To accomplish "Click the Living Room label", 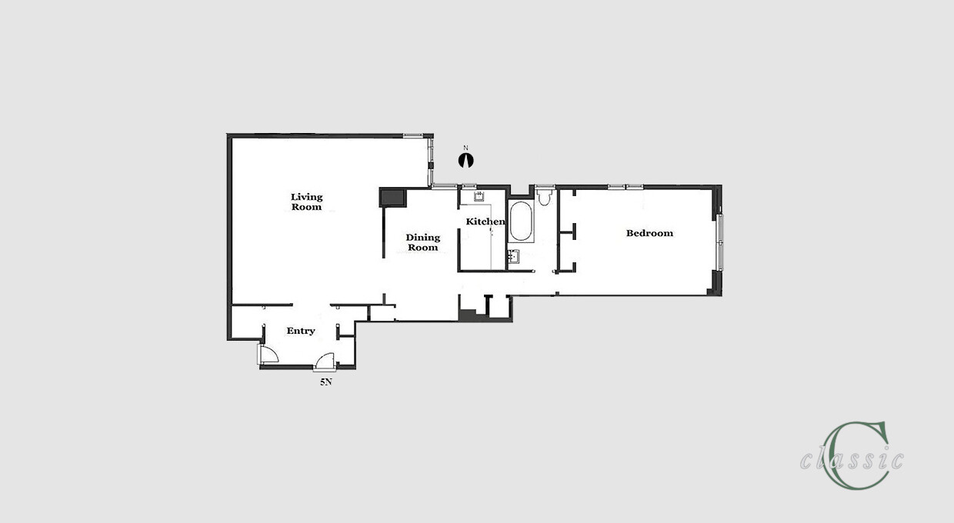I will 306,202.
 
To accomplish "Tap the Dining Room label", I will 422,242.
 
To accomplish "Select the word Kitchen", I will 485,222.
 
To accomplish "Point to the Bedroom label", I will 649,233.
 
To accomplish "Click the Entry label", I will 301,331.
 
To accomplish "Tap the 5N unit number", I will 325,381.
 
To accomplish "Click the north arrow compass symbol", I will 465,160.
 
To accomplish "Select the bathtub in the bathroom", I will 521,222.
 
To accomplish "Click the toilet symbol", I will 545,198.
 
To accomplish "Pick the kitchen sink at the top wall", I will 478,196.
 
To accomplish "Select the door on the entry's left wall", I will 267,355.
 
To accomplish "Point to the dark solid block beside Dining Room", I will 392,198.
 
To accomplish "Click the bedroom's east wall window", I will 720,242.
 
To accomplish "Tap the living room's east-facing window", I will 431,161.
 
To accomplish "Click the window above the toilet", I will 545,186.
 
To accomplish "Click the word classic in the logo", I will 852,459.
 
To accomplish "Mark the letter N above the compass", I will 465,148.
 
